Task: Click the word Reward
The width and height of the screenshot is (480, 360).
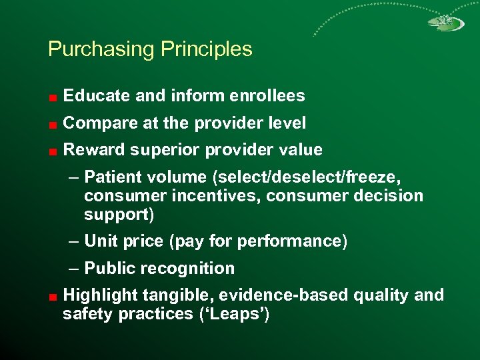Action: pyautogui.click(x=90, y=150)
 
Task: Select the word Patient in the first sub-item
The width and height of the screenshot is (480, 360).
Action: pyautogui.click(x=111, y=177)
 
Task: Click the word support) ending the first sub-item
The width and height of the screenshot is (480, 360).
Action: pyautogui.click(x=119, y=215)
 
